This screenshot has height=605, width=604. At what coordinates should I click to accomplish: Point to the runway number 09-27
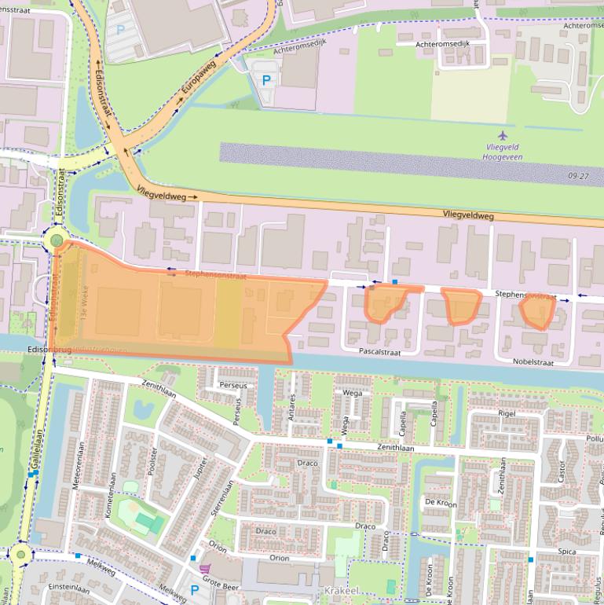pos(577,177)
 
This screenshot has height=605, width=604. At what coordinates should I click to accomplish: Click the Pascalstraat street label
pos(379,353)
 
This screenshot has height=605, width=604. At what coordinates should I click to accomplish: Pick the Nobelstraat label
pos(533,363)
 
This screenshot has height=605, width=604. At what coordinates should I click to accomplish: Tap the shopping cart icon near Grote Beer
pos(206,569)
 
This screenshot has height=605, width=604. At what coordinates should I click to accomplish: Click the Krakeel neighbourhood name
pos(339,589)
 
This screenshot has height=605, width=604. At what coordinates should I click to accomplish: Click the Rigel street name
pos(507,412)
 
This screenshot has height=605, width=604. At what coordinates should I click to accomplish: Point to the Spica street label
pos(567,552)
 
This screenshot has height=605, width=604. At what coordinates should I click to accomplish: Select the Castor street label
pos(562,471)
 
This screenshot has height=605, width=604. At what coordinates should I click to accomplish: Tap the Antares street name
pos(291,408)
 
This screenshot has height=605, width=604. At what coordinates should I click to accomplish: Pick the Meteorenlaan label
pos(76,470)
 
